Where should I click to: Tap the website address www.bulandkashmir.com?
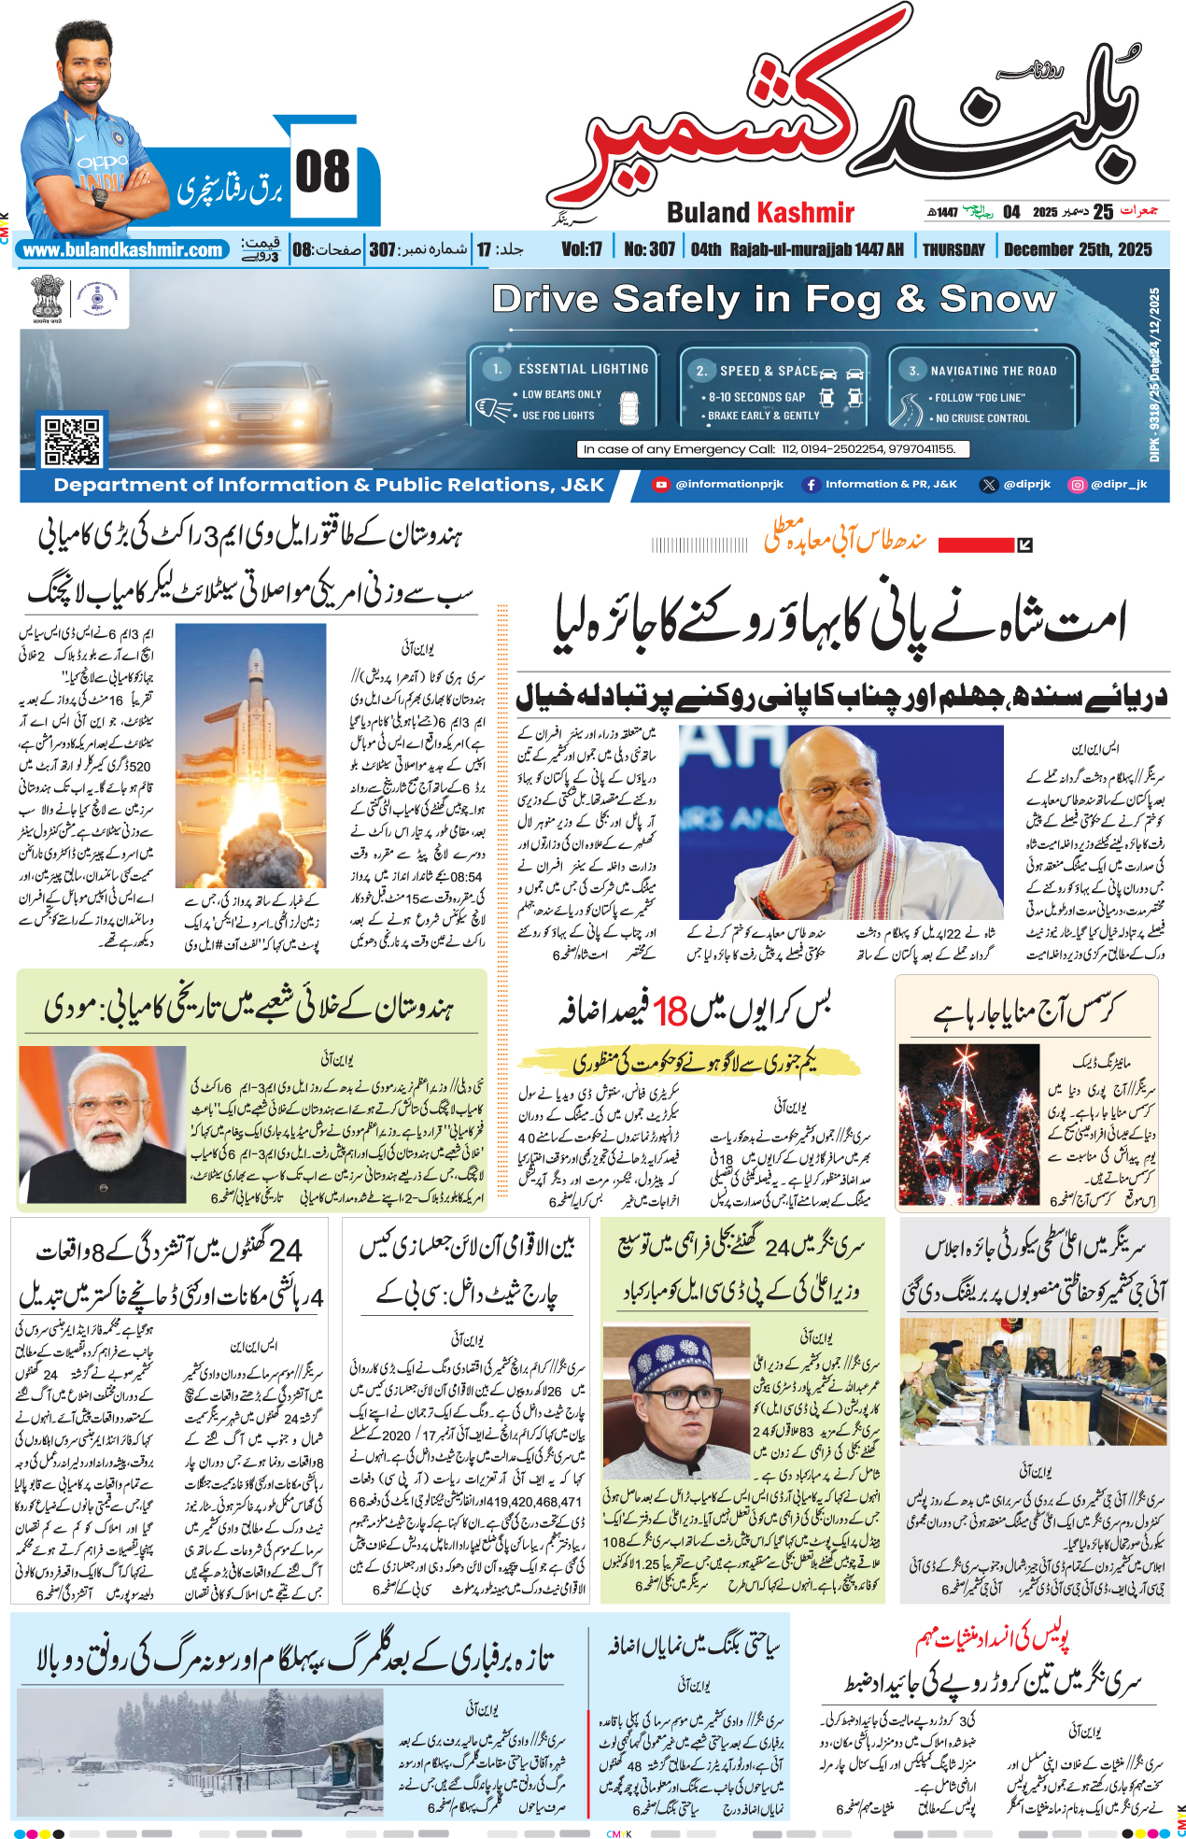click(x=122, y=250)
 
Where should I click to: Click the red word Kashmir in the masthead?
click(x=805, y=213)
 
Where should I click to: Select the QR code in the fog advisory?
click(x=72, y=442)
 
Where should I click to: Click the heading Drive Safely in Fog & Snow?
click(x=773, y=300)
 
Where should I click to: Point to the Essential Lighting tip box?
click(x=564, y=392)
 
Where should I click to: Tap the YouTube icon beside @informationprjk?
click(x=661, y=484)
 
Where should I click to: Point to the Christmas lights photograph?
click(x=968, y=1125)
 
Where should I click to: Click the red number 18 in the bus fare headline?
click(x=670, y=1011)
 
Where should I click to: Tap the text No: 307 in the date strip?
click(x=649, y=249)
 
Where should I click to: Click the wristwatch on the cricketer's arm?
click(x=100, y=197)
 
